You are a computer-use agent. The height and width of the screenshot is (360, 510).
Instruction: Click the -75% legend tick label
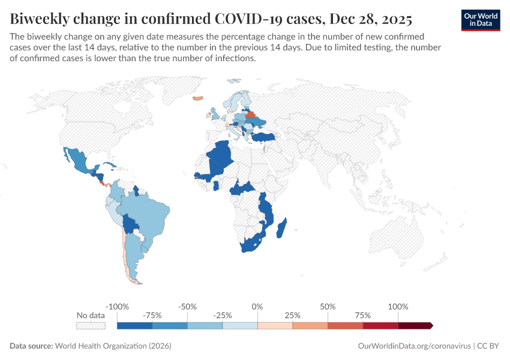(x=152, y=315)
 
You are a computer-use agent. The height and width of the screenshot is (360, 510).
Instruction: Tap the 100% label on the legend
(x=398, y=307)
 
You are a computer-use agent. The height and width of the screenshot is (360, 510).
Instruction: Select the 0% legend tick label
(x=257, y=307)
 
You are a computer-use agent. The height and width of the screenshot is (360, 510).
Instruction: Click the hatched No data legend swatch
(x=91, y=326)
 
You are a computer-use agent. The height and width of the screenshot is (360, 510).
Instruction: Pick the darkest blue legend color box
(x=134, y=326)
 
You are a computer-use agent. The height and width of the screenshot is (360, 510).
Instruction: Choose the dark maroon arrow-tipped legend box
(x=415, y=326)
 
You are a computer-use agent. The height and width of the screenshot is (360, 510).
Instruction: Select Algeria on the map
(x=220, y=156)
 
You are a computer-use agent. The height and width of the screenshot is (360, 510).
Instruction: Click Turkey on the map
(x=263, y=137)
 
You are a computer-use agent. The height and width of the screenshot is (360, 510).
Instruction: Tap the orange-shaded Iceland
(x=197, y=98)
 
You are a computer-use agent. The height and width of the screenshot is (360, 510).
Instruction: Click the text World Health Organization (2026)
(x=113, y=346)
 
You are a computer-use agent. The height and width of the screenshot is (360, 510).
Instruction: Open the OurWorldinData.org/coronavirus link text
(x=414, y=346)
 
